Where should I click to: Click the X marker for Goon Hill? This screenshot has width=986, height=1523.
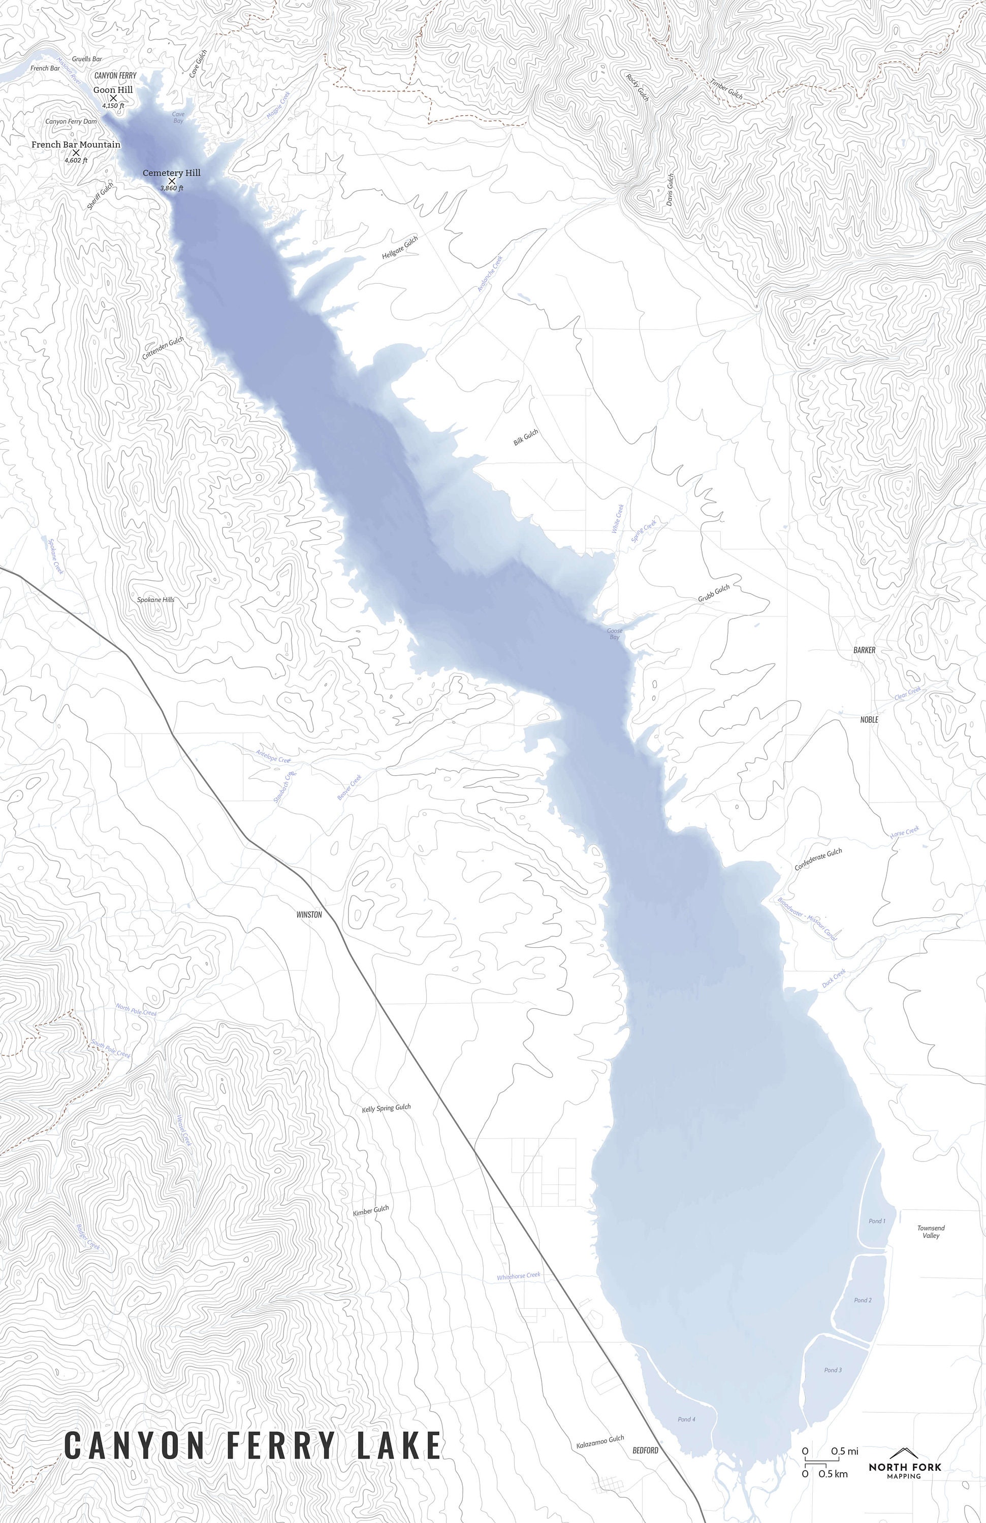pyautogui.click(x=114, y=98)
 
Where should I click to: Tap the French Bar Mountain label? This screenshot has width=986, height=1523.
pyautogui.click(x=76, y=145)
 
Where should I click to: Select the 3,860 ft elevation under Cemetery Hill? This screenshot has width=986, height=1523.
pyautogui.click(x=172, y=189)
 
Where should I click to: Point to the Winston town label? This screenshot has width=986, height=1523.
pyautogui.click(x=309, y=914)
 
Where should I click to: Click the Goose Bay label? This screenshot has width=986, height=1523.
pyautogui.click(x=614, y=634)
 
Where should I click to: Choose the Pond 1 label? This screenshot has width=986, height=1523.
pyautogui.click(x=876, y=1221)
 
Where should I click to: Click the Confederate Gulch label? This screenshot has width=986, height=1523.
pyautogui.click(x=818, y=859)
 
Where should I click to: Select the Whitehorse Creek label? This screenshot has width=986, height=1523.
pyautogui.click(x=519, y=1275)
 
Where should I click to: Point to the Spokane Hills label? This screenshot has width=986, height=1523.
pyautogui.click(x=155, y=600)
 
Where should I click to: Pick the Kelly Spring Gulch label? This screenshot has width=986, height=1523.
pyautogui.click(x=386, y=1108)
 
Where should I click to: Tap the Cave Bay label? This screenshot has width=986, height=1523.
pyautogui.click(x=178, y=117)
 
